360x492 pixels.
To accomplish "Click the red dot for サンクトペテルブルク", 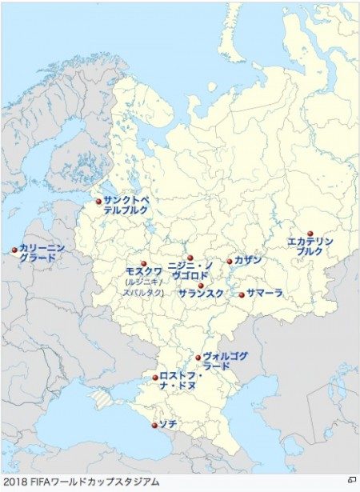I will coord(99,202).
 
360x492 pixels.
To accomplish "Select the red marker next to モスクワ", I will coord(144,264).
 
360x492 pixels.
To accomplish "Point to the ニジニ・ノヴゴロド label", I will coord(190,270).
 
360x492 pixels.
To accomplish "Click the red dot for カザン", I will coord(230,261).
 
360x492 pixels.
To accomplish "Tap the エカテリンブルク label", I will coord(310,246).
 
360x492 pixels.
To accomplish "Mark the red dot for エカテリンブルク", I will coord(310,234).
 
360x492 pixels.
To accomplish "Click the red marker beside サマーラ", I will coord(242,294).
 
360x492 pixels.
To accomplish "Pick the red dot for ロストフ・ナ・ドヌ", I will coord(155,378).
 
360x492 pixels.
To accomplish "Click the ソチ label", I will coord(167,422).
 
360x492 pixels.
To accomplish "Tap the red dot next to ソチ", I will coord(155,425).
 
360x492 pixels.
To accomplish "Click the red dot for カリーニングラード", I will coord(14,250).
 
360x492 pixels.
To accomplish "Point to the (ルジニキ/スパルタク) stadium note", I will coord(144,287).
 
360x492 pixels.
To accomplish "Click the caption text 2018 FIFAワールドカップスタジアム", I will coord(81,482).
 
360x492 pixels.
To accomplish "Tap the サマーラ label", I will coord(265,294).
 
